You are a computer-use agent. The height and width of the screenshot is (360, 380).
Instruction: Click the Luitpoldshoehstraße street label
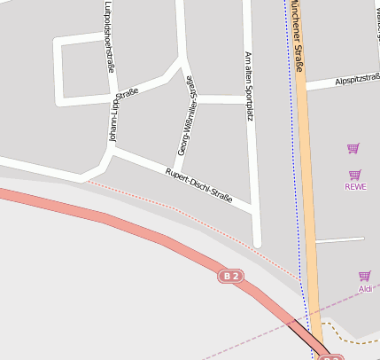[x=108, y=35]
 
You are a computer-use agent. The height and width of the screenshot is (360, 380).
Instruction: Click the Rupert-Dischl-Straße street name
[x=198, y=184]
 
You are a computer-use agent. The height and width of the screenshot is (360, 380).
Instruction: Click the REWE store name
[x=354, y=186]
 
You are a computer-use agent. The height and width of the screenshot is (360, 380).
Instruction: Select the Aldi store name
[x=364, y=289]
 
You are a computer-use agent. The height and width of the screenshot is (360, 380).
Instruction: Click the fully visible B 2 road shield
[x=231, y=277]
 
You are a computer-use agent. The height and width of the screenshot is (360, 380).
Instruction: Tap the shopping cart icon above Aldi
[x=364, y=276]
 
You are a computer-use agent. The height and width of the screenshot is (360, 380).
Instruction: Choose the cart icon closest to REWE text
[x=354, y=174]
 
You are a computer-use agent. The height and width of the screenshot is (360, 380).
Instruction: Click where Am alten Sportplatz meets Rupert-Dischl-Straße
[x=253, y=208]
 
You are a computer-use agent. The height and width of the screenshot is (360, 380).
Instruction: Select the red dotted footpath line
[x=177, y=210]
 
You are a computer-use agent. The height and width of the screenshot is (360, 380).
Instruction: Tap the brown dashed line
[x=354, y=340]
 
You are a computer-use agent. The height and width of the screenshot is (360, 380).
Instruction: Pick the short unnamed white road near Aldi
[x=339, y=239]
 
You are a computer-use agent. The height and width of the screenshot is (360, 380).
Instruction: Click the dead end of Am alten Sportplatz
[x=257, y=244]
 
